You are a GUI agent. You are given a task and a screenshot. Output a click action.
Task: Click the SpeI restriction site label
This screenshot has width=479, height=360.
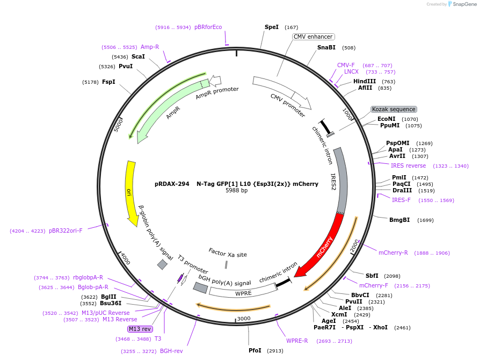272,27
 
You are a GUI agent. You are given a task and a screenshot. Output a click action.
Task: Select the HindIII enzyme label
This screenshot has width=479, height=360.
365,81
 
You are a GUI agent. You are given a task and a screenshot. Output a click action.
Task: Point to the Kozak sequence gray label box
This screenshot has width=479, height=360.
394,109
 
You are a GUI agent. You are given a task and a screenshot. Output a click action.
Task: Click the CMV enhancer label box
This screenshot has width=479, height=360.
313,37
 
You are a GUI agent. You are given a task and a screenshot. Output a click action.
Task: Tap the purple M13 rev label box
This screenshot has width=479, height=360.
140,329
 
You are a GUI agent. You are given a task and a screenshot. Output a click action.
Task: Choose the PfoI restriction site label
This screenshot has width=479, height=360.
255,350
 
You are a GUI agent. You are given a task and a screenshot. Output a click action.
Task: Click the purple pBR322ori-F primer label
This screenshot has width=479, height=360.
66,231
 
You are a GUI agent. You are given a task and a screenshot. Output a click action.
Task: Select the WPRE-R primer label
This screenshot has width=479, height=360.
297,341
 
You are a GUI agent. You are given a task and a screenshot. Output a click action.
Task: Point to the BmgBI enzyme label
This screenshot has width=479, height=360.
400,220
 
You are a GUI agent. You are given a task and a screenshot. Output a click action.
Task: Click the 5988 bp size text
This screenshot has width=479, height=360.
236,191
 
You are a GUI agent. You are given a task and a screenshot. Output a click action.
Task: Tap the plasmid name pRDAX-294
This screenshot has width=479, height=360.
172,183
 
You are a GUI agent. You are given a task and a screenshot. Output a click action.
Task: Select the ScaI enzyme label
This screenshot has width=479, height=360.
138,56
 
